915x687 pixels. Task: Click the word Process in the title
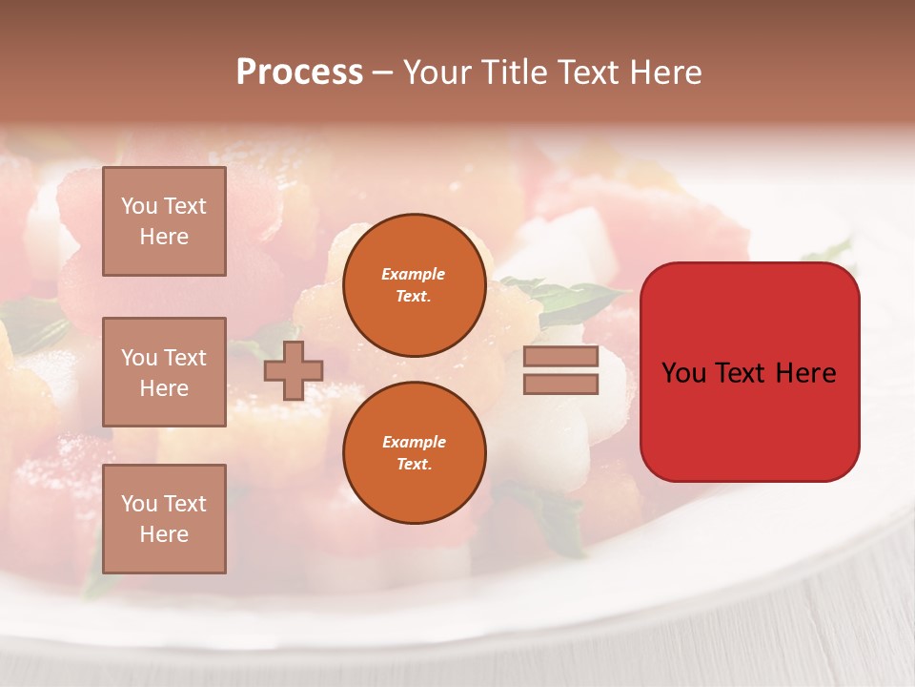click(x=299, y=73)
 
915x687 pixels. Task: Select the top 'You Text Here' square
click(x=164, y=220)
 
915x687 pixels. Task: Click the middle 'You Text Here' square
click(x=164, y=372)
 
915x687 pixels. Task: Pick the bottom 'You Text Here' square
click(x=164, y=518)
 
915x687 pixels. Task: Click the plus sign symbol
click(x=294, y=370)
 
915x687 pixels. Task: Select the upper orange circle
click(x=414, y=284)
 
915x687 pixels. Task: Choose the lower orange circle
click(x=414, y=452)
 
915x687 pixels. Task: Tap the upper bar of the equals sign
click(x=561, y=357)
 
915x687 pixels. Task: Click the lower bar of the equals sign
click(x=561, y=384)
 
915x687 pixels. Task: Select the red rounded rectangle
click(x=749, y=371)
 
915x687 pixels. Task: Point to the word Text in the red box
click(x=742, y=373)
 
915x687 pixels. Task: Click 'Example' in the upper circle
click(x=414, y=274)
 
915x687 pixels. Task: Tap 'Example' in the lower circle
click(x=414, y=442)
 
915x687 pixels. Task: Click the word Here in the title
click(x=665, y=73)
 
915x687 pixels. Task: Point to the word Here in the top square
click(x=164, y=237)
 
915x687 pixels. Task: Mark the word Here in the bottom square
click(x=164, y=534)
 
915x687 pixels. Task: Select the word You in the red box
click(x=684, y=373)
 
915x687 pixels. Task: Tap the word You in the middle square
click(x=138, y=358)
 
